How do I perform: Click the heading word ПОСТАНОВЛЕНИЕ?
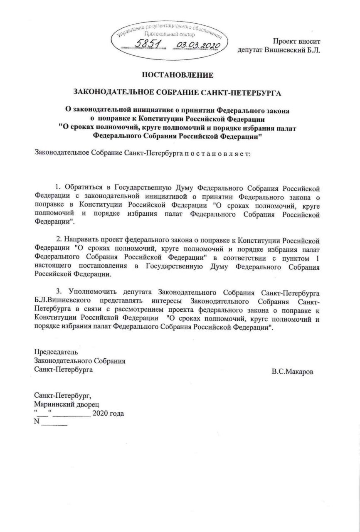pos(178,75)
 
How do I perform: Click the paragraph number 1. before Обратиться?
pos(58,188)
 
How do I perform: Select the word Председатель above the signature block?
pos(56,352)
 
